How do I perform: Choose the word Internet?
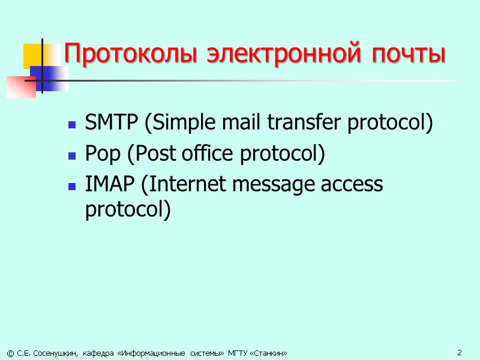(x=181, y=184)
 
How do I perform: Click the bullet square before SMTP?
(x=71, y=126)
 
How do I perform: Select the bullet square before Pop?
(x=71, y=157)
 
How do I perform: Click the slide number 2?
(x=459, y=352)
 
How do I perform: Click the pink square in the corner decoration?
(x=21, y=87)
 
